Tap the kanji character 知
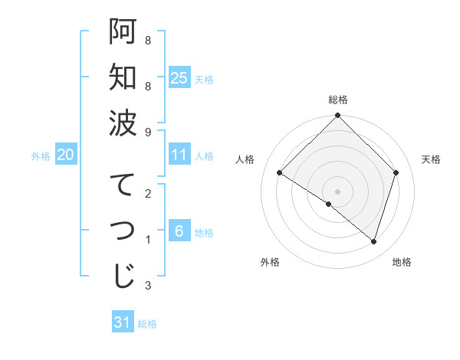(x=123, y=77)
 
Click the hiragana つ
(x=123, y=231)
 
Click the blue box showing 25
(x=179, y=77)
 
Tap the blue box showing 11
(x=179, y=155)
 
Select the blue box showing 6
(x=179, y=231)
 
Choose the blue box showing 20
(x=65, y=155)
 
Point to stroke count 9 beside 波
(x=147, y=132)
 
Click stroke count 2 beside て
(x=147, y=193)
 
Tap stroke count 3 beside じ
(x=147, y=286)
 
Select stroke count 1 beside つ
(x=147, y=240)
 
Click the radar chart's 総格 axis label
(x=337, y=100)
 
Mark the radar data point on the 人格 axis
(x=280, y=173)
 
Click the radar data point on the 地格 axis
(x=373, y=242)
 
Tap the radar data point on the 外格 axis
(x=329, y=204)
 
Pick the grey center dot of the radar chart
(x=337, y=191)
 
